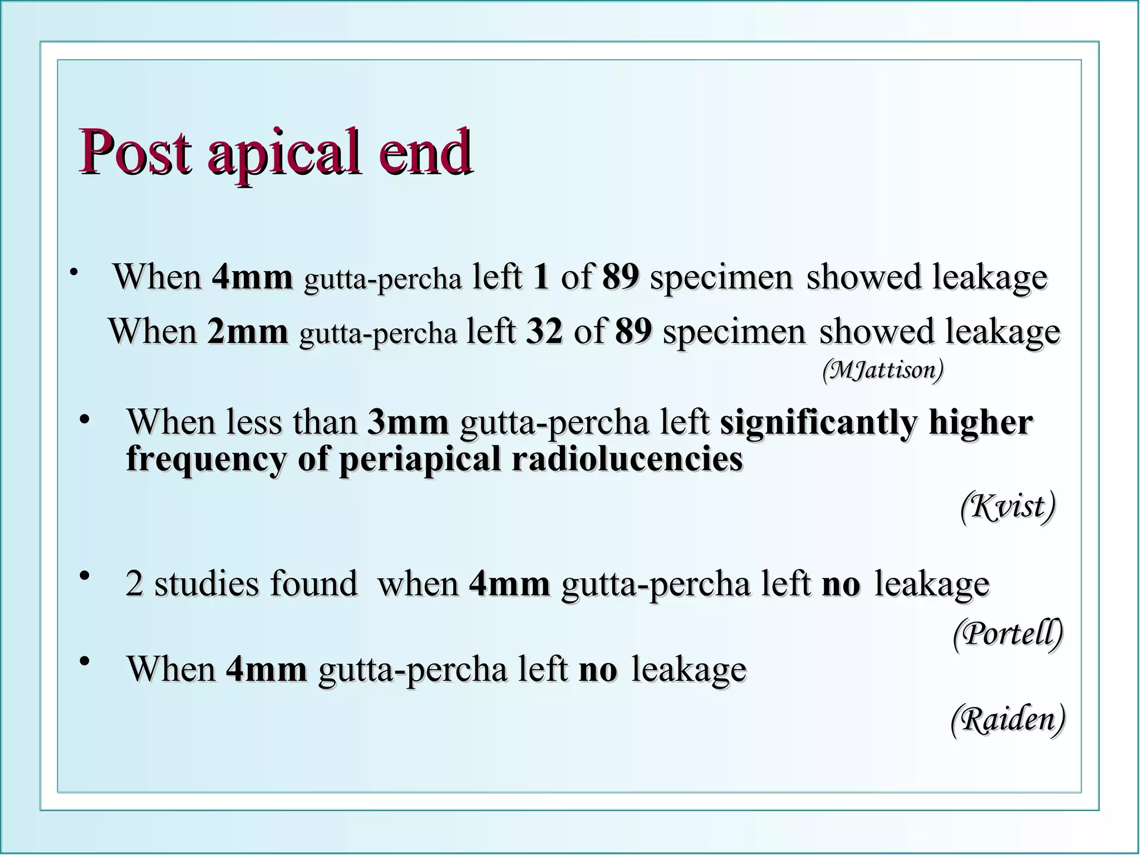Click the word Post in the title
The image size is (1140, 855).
pyautogui.click(x=136, y=151)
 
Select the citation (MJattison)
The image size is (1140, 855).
pyautogui.click(x=883, y=370)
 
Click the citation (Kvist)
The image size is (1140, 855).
pyautogui.click(x=1008, y=507)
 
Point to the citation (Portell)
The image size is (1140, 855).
pyautogui.click(x=1008, y=633)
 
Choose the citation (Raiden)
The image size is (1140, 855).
pyautogui.click(x=1008, y=719)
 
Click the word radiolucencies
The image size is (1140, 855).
pyautogui.click(x=627, y=459)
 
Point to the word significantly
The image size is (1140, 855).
pyautogui.click(x=818, y=423)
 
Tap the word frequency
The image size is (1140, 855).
pyautogui.click(x=207, y=460)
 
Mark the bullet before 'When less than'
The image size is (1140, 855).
pyautogui.click(x=85, y=419)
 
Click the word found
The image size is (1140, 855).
pyautogui.click(x=313, y=584)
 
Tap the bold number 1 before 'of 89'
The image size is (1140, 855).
pyautogui.click(x=540, y=277)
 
